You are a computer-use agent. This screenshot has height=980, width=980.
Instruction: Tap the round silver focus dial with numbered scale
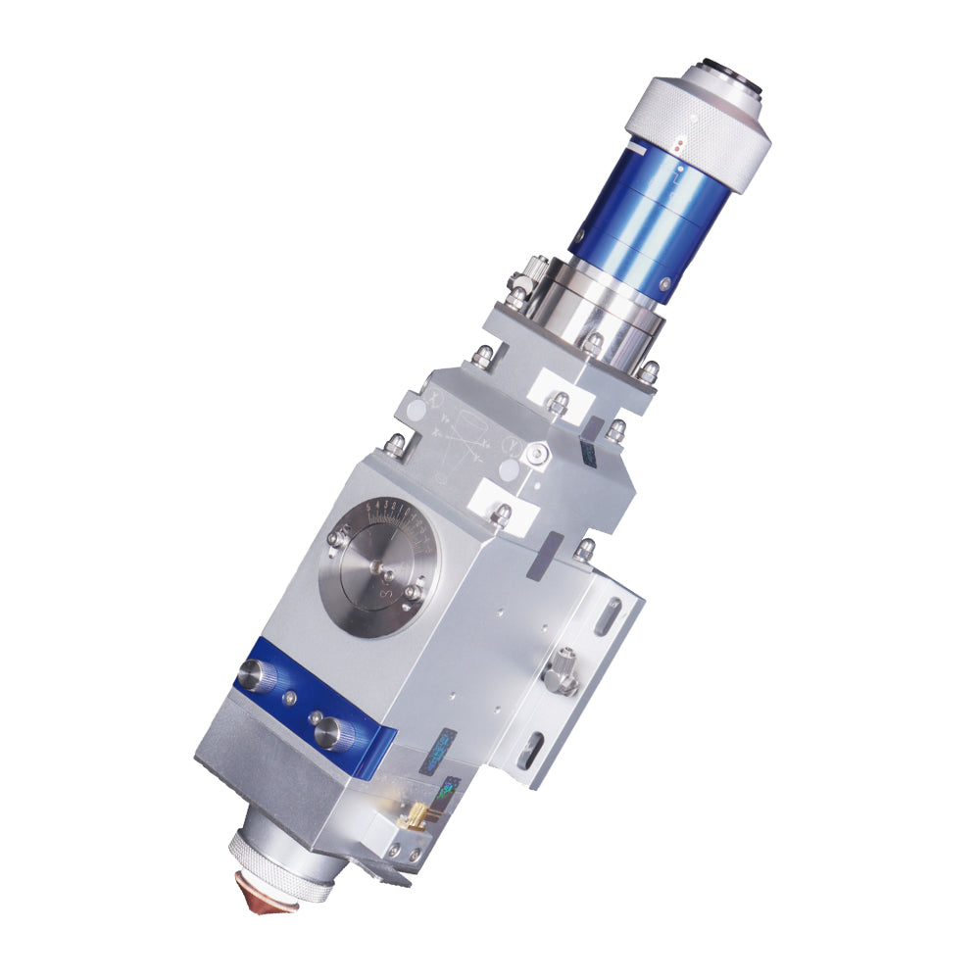click(x=380, y=568)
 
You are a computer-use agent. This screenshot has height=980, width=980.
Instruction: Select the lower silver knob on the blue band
click(x=331, y=730)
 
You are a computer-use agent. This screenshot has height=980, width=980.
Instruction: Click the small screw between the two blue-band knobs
click(x=291, y=697)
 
